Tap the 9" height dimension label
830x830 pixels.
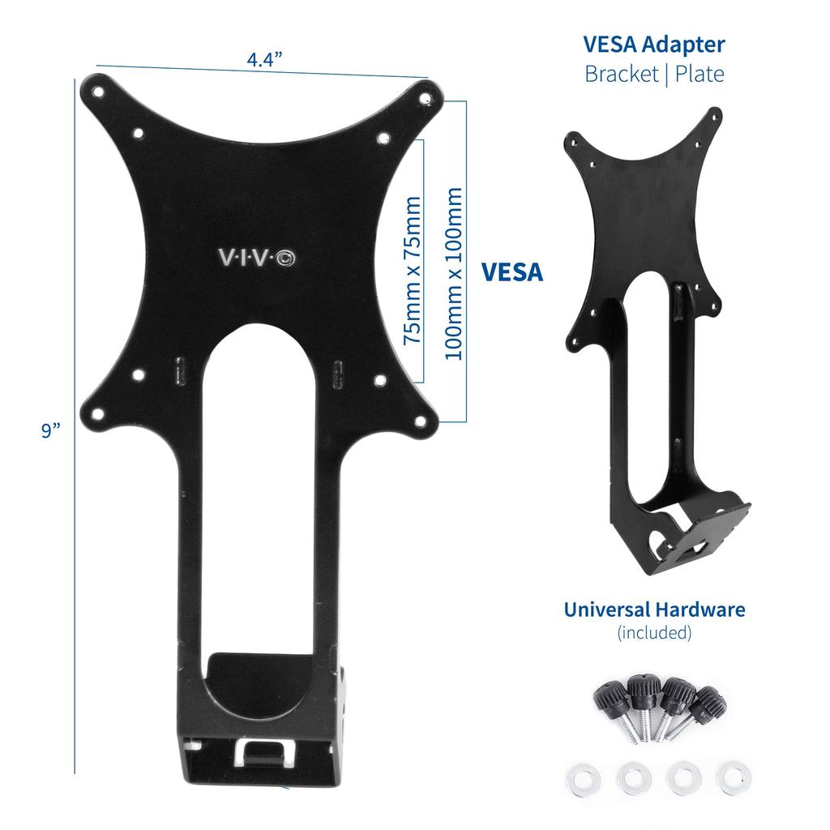pos(52,430)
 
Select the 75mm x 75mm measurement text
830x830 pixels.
pos(413,270)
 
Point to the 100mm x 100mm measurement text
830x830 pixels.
pos(454,273)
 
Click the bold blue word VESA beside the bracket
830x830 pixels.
pos(512,272)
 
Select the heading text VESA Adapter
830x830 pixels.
pos(654,44)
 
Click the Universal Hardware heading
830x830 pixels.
pos(654,609)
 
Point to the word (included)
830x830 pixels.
pos(654,632)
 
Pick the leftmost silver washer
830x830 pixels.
pos(580,778)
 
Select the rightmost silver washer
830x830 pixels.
pos(733,777)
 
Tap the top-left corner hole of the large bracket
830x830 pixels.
pos(98,92)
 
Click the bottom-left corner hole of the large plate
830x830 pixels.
pos(98,414)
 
